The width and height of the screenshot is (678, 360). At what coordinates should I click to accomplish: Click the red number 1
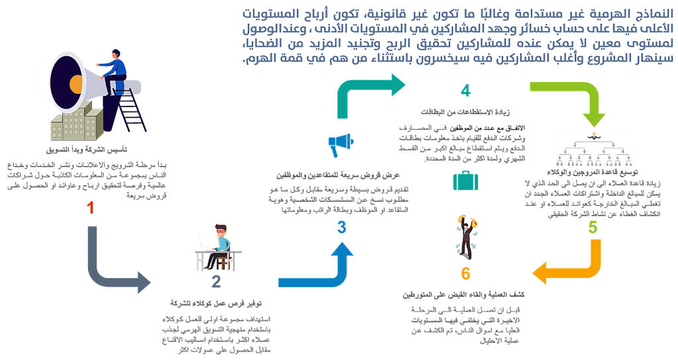pos(91,208)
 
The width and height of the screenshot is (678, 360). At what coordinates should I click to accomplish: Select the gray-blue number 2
pos(217,282)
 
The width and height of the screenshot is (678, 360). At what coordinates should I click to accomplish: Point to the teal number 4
pos(465,91)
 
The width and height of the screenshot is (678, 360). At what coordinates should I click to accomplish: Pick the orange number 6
pos(465,274)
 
